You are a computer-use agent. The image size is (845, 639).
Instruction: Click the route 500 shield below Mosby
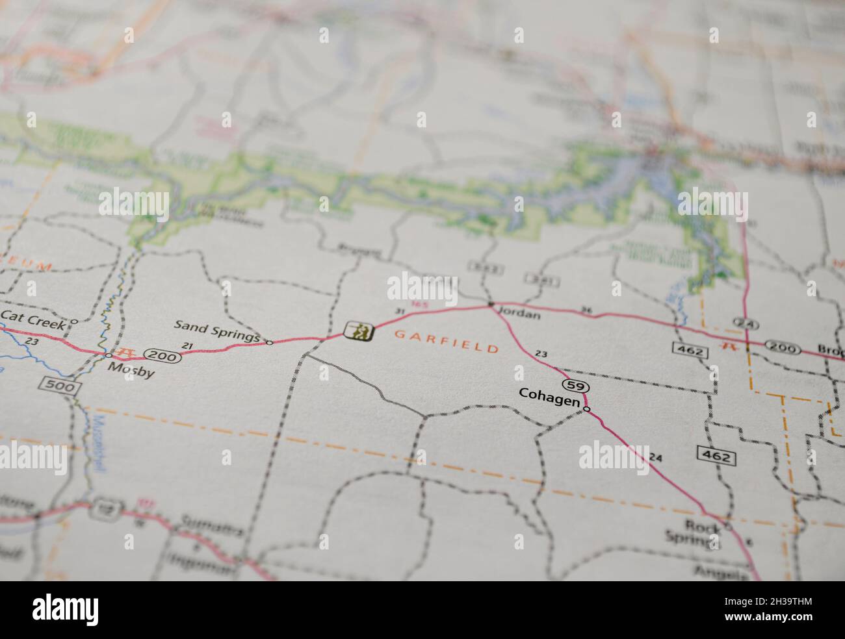click(x=60, y=387)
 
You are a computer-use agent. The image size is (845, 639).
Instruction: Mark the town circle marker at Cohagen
click(x=586, y=408)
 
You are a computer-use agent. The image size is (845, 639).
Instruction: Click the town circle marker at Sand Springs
click(x=269, y=342)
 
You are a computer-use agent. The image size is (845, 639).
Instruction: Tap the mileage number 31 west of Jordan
click(x=400, y=312)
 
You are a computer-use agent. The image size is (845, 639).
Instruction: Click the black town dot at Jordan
click(x=491, y=305)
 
